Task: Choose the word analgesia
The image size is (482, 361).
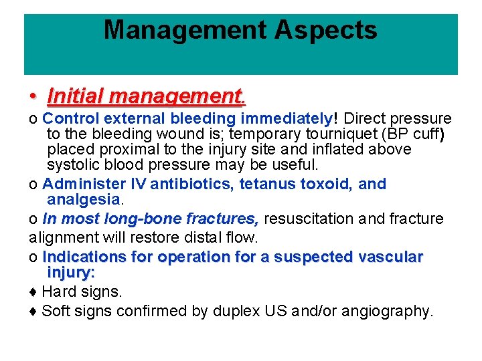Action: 82,199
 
